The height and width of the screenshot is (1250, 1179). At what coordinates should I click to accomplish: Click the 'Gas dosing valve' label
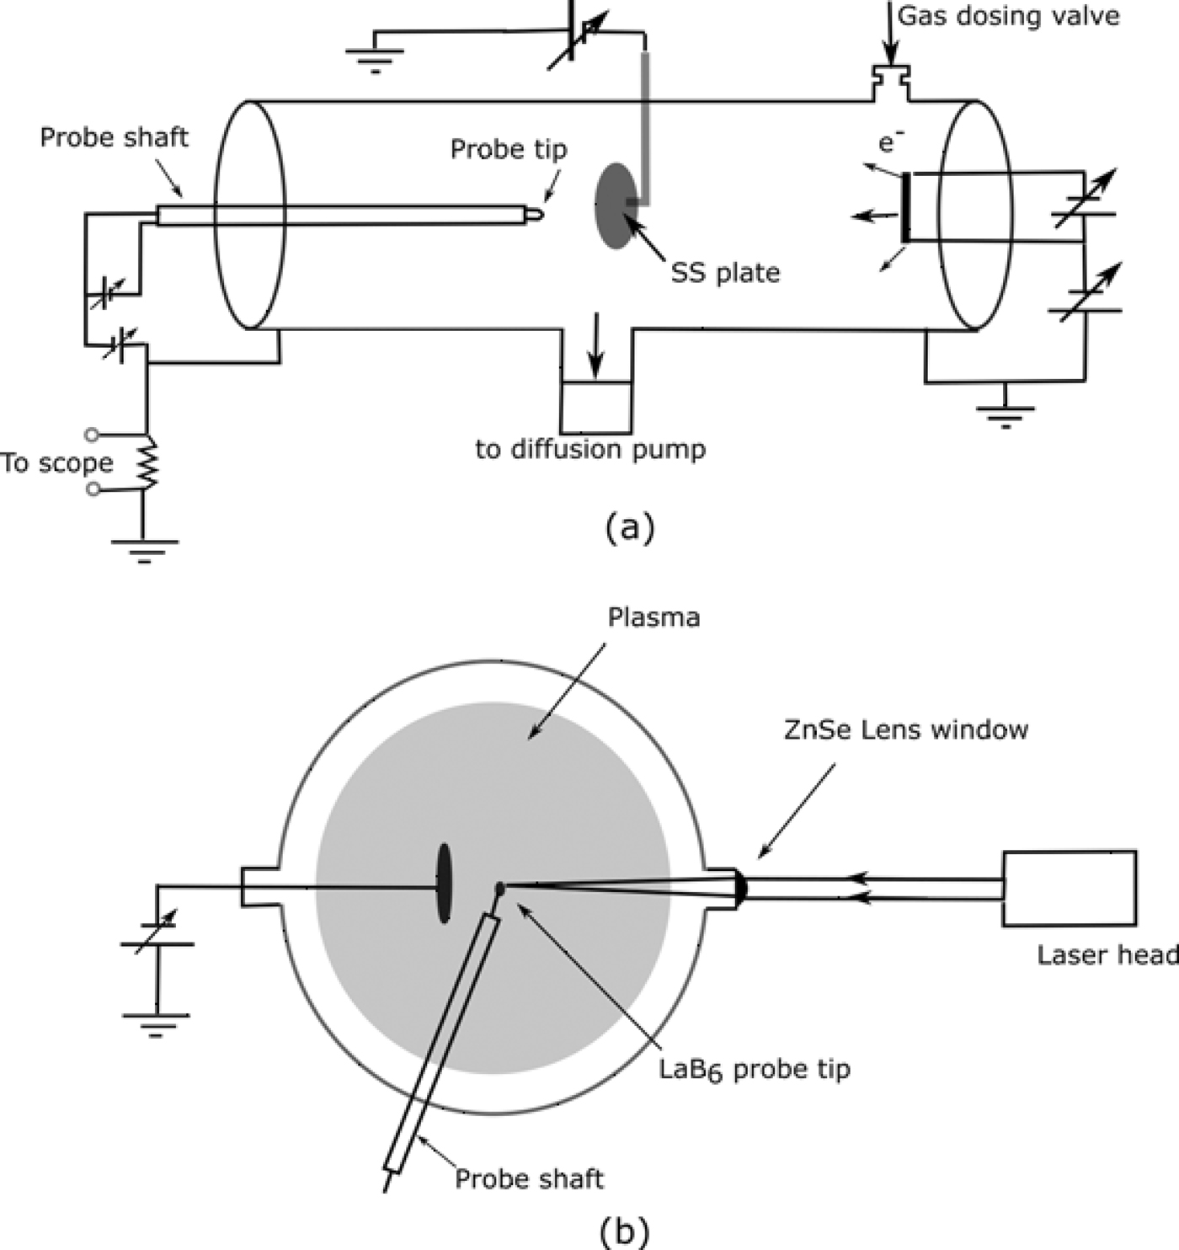[x=1009, y=16]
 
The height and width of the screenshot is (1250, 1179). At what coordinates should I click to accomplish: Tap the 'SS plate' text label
[x=725, y=273]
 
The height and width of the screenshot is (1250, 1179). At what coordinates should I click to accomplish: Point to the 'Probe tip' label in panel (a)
[x=509, y=149]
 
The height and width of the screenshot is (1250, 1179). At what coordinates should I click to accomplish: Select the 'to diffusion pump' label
[x=590, y=449]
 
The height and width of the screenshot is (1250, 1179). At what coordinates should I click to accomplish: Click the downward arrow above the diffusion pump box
[x=596, y=345]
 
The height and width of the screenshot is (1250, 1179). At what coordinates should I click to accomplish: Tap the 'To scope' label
[x=56, y=462]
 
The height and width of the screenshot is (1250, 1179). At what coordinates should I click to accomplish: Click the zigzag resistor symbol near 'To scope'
[x=148, y=462]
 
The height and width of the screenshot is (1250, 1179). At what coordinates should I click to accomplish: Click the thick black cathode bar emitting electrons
[x=906, y=207]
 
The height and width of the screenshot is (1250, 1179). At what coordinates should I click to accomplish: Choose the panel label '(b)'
[x=624, y=1231]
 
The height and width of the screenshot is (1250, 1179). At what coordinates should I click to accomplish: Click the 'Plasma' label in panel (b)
[x=654, y=617]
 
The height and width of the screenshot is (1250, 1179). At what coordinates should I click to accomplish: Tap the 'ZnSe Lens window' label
[x=906, y=729]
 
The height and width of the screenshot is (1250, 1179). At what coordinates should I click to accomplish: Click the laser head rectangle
[x=1069, y=889]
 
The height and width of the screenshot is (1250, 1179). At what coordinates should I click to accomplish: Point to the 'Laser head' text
[x=1107, y=954]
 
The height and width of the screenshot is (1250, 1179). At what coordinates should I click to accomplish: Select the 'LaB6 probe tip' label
[x=755, y=1070]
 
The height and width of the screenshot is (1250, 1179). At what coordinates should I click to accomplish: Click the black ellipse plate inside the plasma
[x=444, y=883]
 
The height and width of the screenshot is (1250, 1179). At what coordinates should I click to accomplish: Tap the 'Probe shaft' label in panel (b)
[x=529, y=1178]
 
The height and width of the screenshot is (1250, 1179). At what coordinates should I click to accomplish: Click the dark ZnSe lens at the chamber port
[x=740, y=888]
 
